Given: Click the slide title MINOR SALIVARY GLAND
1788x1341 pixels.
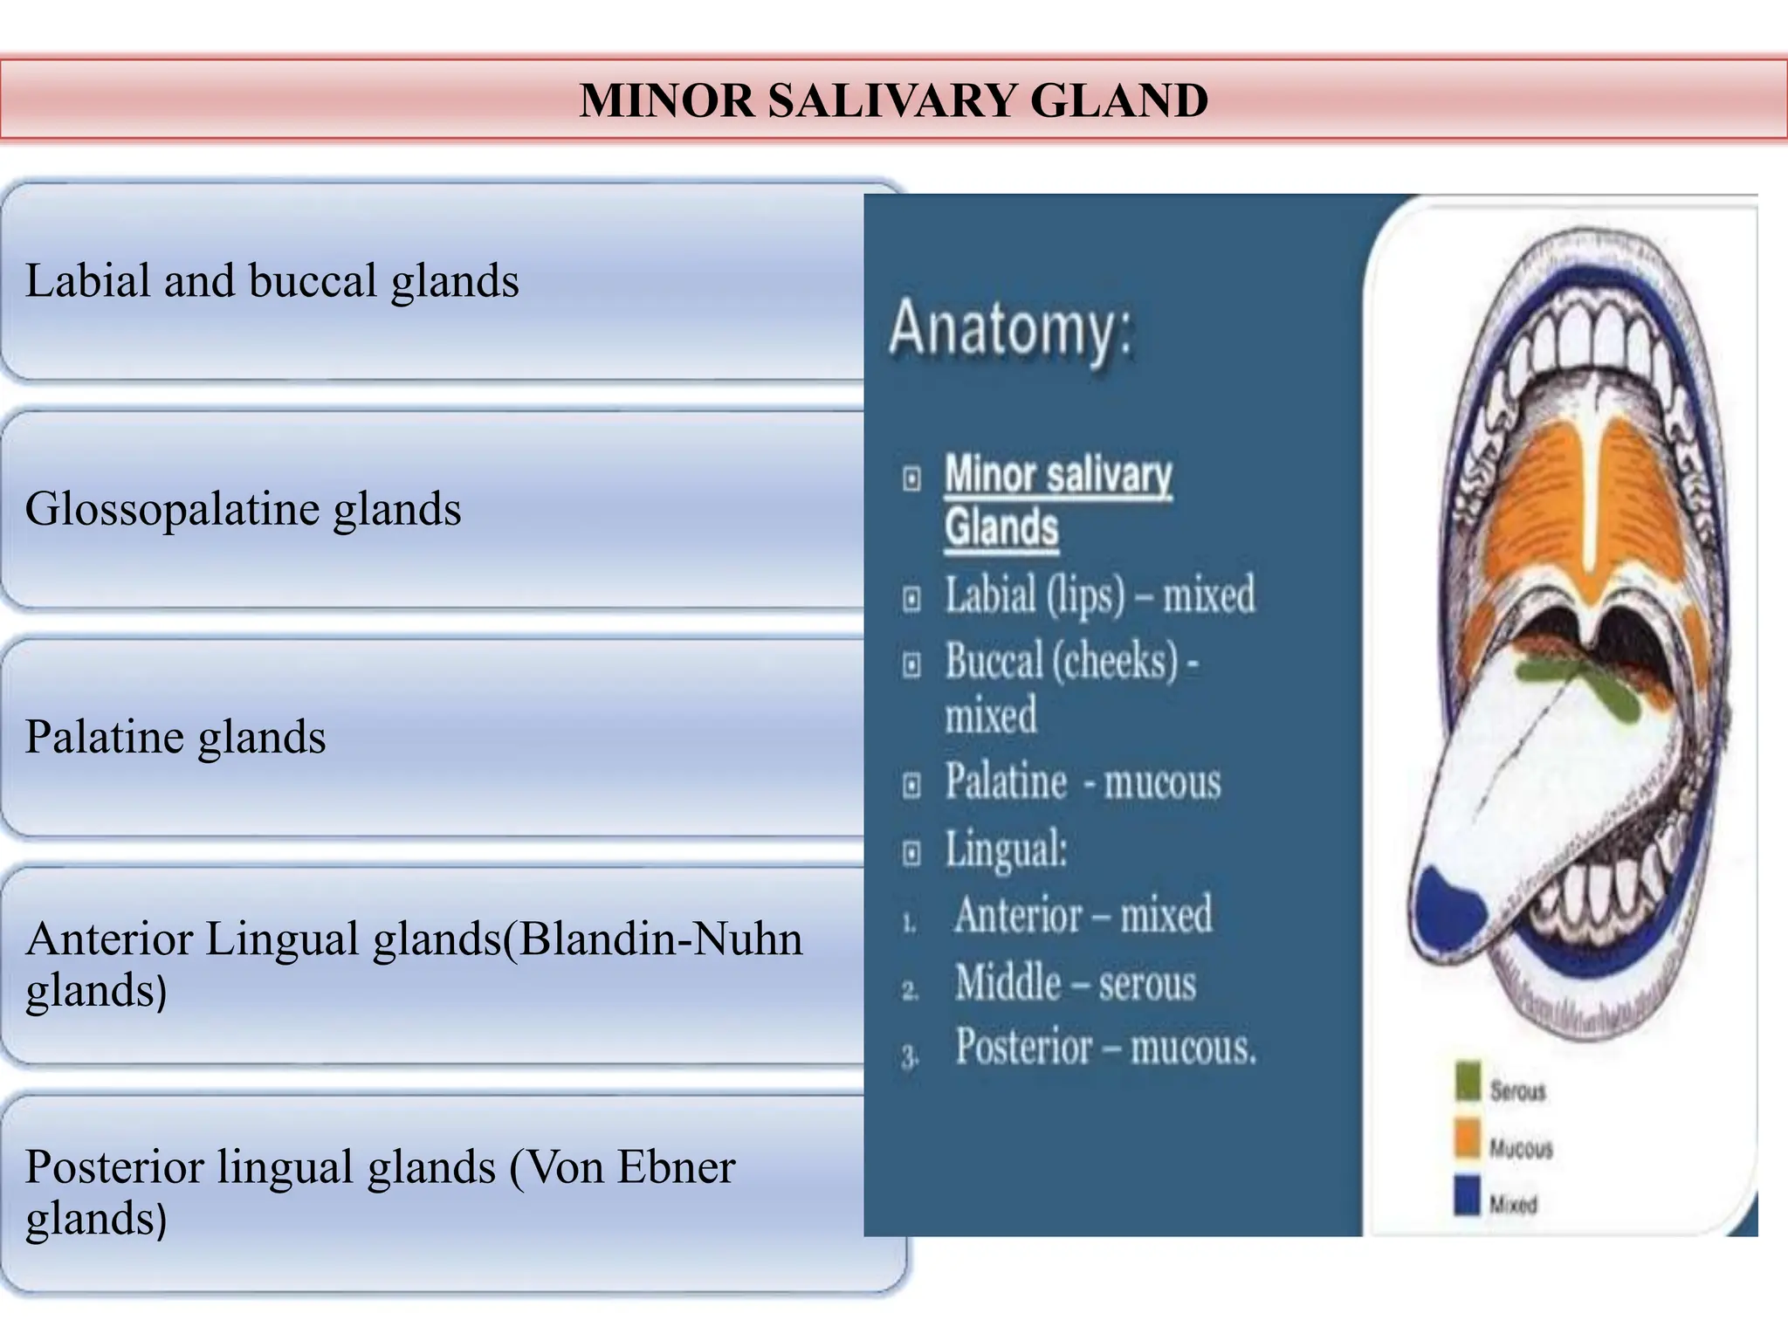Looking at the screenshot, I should pos(893,100).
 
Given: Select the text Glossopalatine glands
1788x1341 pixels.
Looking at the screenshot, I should pos(243,509).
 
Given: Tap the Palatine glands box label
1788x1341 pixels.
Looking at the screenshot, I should pos(175,737).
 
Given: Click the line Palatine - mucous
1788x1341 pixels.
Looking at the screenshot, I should pos(1083,781).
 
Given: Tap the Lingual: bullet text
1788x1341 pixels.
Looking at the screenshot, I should pos(1006,849).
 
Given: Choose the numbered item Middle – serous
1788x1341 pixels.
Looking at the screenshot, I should pos(1075,982).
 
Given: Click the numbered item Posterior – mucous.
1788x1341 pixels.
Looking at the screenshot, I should pos(1104,1047).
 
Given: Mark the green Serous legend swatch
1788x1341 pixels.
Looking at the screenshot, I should pos(1468,1081).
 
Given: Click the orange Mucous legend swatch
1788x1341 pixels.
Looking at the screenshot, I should pos(1468,1138).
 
